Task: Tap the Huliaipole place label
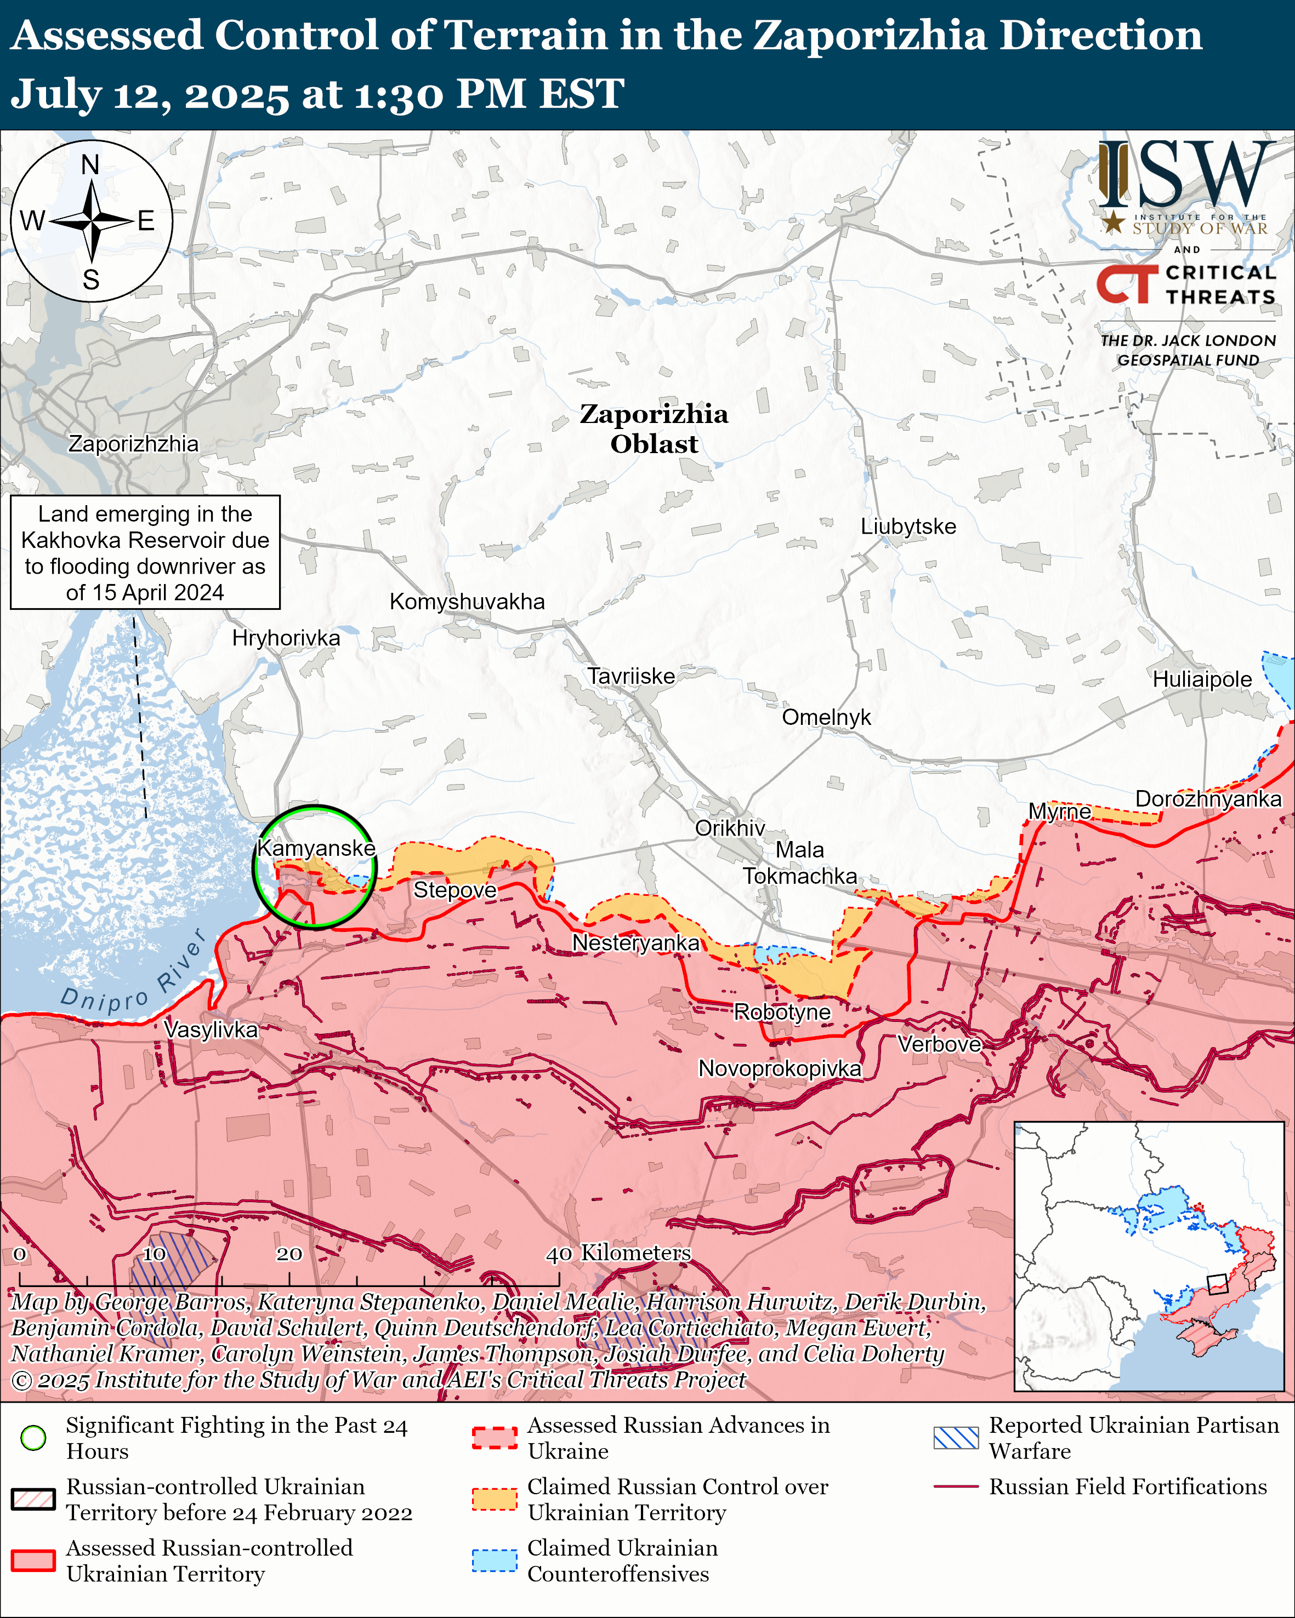coord(1202,679)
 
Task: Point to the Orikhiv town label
coord(730,828)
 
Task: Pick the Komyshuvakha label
coord(467,601)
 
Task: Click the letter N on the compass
coord(90,164)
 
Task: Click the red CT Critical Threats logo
coord(1127,284)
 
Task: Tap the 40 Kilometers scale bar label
coord(617,1253)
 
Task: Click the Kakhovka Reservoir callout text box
coord(145,552)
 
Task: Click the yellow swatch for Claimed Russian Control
coord(494,1499)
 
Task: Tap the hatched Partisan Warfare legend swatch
coord(956,1437)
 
